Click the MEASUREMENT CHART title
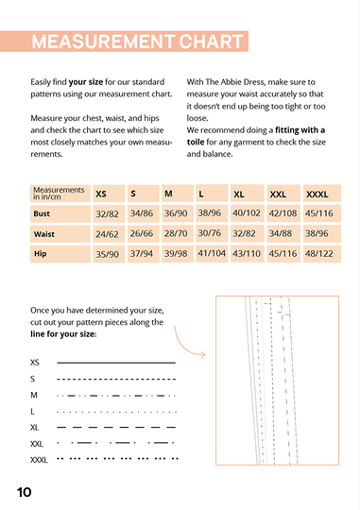[137, 42]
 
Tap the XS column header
[101, 195]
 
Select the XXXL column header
[317, 195]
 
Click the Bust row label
[42, 213]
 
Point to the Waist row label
[44, 234]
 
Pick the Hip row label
[40, 254]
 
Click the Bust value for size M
[176, 213]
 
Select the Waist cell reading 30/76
[210, 233]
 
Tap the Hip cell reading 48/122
[319, 253]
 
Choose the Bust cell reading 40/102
[247, 213]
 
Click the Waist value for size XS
[107, 234]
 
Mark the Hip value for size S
[142, 253]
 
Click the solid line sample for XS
[116, 363]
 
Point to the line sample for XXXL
[117, 459]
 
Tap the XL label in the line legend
[35, 428]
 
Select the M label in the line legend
[34, 395]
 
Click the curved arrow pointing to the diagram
[182, 348]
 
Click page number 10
[24, 492]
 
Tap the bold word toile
[196, 142]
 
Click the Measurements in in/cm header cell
[59, 194]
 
